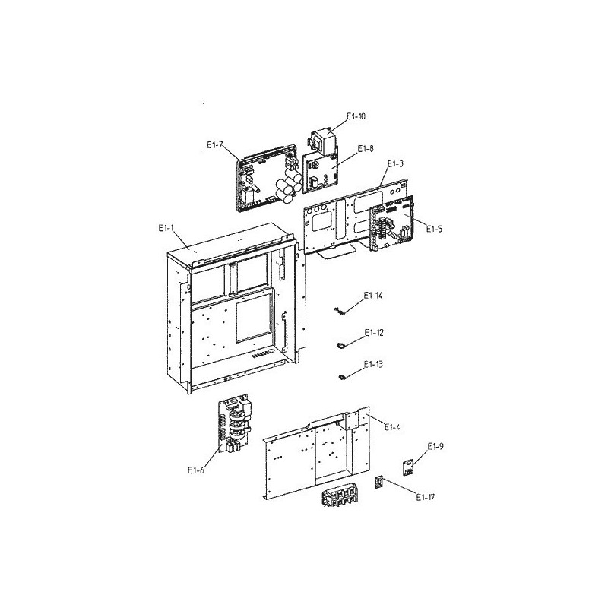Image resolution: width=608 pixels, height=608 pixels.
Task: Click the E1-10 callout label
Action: (356, 116)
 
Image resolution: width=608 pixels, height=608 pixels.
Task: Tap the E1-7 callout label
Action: (215, 145)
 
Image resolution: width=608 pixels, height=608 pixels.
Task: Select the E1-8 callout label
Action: (366, 148)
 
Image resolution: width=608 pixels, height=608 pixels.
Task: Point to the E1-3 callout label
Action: (395, 163)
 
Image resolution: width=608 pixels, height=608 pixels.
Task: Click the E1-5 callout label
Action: (434, 230)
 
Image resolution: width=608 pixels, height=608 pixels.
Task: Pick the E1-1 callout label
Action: (166, 229)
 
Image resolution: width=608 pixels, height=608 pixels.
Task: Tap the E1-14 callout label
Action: (373, 296)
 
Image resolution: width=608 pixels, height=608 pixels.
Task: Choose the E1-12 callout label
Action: (374, 333)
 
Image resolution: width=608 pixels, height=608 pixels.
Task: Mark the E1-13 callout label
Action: (373, 365)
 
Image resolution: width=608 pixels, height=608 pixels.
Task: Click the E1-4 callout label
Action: (392, 427)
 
